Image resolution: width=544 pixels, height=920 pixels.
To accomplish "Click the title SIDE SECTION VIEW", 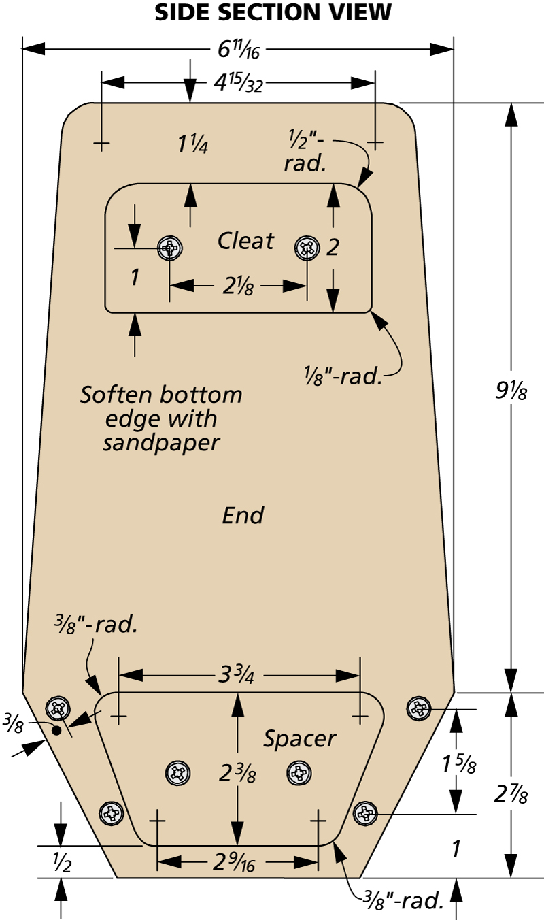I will [273, 12].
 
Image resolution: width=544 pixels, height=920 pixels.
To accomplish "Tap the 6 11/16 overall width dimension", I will [238, 50].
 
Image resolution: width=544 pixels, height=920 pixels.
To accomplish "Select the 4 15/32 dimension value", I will [237, 83].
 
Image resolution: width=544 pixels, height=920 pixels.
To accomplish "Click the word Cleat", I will [245, 240].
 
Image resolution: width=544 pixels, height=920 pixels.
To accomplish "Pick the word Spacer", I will [300, 738].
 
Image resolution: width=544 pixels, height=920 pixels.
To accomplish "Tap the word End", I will [243, 516].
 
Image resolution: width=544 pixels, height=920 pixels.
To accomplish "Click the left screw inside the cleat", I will [169, 248].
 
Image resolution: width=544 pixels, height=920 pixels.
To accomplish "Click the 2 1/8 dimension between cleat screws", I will [237, 286].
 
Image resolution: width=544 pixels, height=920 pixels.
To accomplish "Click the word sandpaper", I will [161, 443].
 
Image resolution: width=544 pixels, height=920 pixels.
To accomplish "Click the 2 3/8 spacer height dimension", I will [238, 773].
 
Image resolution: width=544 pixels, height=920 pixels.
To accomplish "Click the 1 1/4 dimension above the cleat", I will [192, 145].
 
